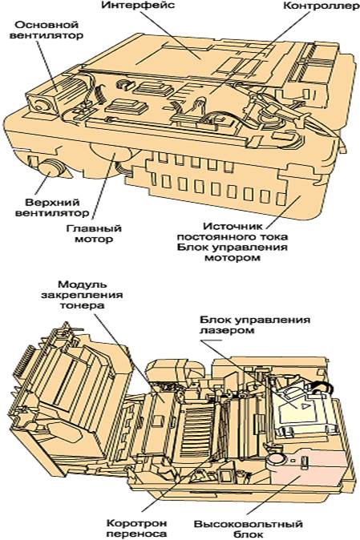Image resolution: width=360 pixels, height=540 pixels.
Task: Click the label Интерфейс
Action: pyautogui.click(x=137, y=6)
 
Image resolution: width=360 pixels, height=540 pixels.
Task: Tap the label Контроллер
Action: pyautogui.click(x=321, y=6)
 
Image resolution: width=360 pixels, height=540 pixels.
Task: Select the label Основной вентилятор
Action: pyautogui.click(x=46, y=30)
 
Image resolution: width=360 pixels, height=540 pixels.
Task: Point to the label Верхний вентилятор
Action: pyautogui.click(x=51, y=208)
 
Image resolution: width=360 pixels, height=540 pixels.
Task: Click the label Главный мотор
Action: pyautogui.click(x=94, y=233)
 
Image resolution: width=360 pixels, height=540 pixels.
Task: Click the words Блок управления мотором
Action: pyautogui.click(x=233, y=252)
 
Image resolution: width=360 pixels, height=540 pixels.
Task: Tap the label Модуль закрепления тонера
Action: pyautogui.click(x=82, y=295)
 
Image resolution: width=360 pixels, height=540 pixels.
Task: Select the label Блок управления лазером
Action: pyautogui.click(x=255, y=324)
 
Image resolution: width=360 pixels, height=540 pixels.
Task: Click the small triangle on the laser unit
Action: pyautogui.click(x=305, y=406)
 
